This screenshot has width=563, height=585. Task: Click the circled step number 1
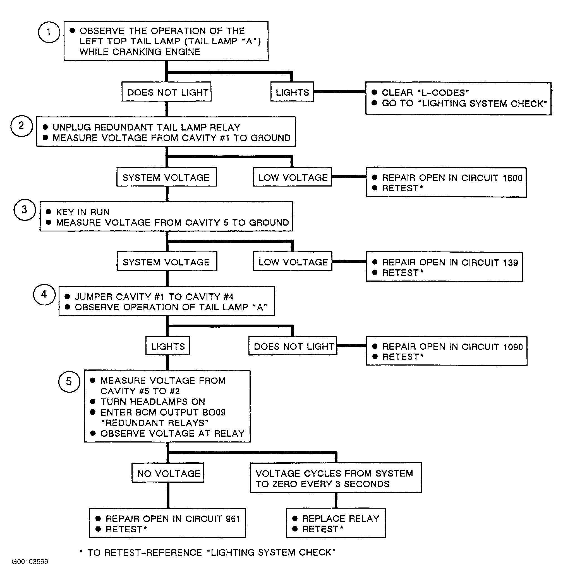[49, 32]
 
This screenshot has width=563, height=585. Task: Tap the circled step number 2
[21, 126]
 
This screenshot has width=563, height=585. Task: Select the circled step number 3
[25, 210]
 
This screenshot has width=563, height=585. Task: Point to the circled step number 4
[44, 294]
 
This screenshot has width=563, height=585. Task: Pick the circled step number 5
[69, 381]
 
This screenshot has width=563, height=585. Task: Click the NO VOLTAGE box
[168, 473]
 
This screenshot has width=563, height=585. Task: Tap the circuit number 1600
[512, 178]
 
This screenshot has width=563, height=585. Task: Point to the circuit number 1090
[513, 347]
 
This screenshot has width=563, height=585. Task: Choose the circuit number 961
[233, 519]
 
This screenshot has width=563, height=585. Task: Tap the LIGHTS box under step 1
[292, 92]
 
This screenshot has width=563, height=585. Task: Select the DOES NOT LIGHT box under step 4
[293, 346]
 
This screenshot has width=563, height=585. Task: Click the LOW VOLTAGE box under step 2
[293, 177]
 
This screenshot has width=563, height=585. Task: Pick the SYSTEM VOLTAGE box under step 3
[167, 262]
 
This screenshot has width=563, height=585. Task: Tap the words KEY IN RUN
[83, 212]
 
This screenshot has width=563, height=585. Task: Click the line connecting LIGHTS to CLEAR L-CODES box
[340, 92]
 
